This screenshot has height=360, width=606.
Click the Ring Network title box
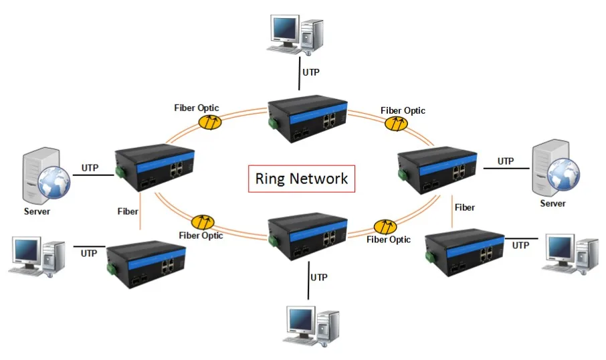point(302,179)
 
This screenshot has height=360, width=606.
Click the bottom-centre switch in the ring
point(307,236)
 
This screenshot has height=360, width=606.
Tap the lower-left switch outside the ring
point(146,261)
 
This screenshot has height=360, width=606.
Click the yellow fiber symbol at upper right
point(395,123)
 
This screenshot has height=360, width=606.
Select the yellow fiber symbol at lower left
point(201,222)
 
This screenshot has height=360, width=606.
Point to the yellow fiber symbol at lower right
point(385,226)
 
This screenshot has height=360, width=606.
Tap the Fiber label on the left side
point(127,211)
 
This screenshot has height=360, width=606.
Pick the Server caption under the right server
point(552,203)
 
